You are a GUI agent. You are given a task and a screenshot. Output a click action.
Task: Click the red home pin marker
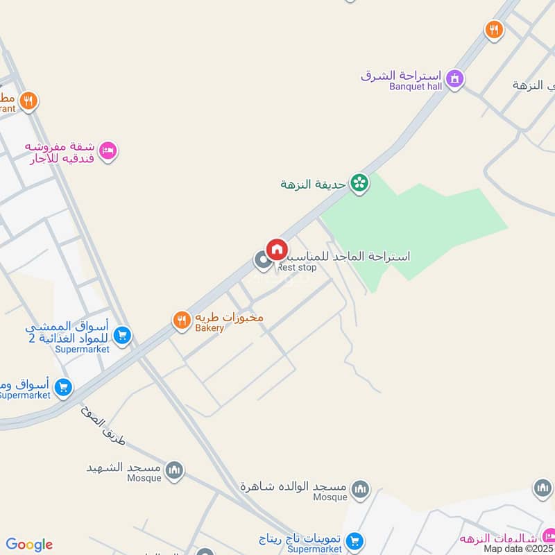point(277,249)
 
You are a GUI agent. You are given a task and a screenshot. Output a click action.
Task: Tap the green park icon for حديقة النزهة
point(359,184)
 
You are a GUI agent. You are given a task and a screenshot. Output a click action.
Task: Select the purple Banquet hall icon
point(454,79)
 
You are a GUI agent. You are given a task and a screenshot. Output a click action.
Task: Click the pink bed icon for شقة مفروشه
point(108,151)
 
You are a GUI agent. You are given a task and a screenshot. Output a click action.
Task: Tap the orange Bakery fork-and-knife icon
point(182,320)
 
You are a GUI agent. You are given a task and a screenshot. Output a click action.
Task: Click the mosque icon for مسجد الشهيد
point(175,470)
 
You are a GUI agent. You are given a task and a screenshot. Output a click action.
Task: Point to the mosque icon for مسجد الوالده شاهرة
point(360,490)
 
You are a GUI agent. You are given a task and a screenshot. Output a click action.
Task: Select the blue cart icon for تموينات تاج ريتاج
point(355,541)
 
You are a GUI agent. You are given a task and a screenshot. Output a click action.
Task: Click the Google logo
point(29,545)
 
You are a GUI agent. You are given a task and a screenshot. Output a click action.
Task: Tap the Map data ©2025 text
point(518,548)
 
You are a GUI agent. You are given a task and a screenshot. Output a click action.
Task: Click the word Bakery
point(210,328)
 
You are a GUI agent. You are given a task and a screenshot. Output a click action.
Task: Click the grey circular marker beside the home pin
point(263,261)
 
